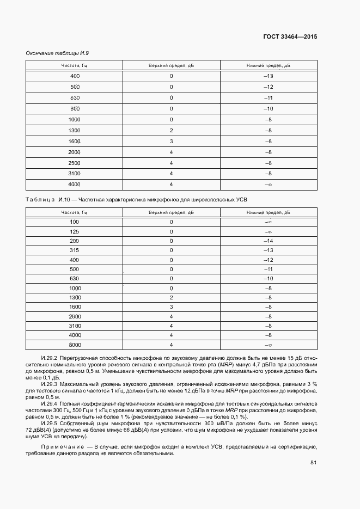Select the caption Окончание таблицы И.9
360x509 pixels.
pyautogui.click(x=57, y=53)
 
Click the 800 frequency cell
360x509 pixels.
pyautogui.click(x=75, y=108)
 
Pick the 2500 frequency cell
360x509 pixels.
pyautogui.click(x=75, y=163)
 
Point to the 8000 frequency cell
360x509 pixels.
pyautogui.click(x=75, y=345)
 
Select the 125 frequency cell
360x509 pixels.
pyautogui.click(x=75, y=231)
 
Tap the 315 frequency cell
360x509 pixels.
pyautogui.click(x=75, y=250)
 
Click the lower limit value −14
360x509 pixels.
pyautogui.click(x=268, y=241)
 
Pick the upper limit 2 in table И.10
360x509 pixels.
pyautogui.click(x=171, y=297)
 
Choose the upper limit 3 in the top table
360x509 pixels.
pyautogui.click(x=171, y=141)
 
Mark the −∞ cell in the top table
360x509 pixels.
pyautogui.click(x=268, y=185)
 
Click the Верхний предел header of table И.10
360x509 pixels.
pyautogui.click(x=171, y=212)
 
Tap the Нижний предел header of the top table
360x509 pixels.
pyautogui.click(x=268, y=65)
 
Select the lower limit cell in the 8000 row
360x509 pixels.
pyautogui.click(x=268, y=345)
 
